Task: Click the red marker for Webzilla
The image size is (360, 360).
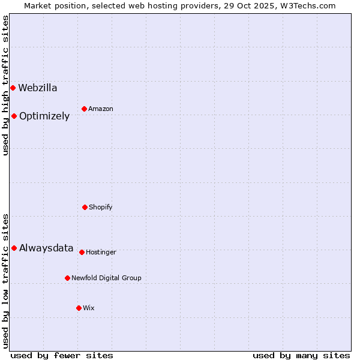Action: click(13, 88)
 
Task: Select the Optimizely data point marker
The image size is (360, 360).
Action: click(14, 116)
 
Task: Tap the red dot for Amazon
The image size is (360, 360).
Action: click(84, 109)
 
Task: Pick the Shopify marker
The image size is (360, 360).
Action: click(85, 207)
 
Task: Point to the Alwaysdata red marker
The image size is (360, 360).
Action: click(14, 248)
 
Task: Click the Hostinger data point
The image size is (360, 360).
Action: click(82, 252)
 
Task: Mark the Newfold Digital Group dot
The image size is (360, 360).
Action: click(67, 278)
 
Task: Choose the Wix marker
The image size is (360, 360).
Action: click(79, 308)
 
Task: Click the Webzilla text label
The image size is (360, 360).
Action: click(38, 88)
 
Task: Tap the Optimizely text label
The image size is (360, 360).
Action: click(44, 116)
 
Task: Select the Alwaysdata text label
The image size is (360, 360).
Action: click(46, 248)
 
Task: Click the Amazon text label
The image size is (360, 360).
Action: click(101, 109)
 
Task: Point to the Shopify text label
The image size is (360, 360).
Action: click(101, 208)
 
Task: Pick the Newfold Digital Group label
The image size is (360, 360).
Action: click(106, 278)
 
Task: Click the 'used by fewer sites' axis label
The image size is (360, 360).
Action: click(62, 355)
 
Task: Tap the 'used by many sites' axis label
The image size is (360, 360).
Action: click(301, 355)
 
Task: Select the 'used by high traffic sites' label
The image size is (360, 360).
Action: click(6, 85)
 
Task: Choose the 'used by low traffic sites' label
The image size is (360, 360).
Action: click(6, 280)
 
